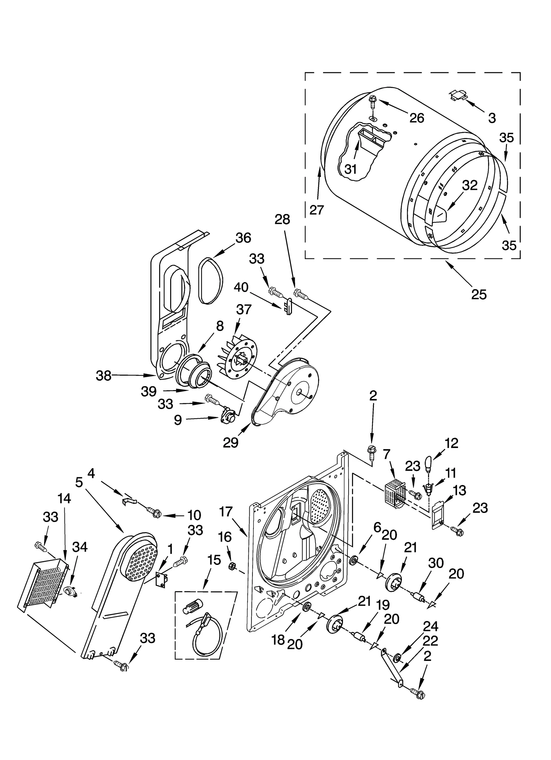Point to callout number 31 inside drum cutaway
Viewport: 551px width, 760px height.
click(x=350, y=169)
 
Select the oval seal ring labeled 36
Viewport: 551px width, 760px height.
click(x=210, y=281)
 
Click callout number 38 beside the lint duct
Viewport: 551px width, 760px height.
click(x=103, y=375)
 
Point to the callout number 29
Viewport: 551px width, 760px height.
click(x=230, y=442)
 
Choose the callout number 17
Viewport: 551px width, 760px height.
click(x=226, y=512)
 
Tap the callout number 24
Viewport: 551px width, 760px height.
click(x=430, y=627)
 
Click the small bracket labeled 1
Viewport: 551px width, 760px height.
click(x=161, y=580)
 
